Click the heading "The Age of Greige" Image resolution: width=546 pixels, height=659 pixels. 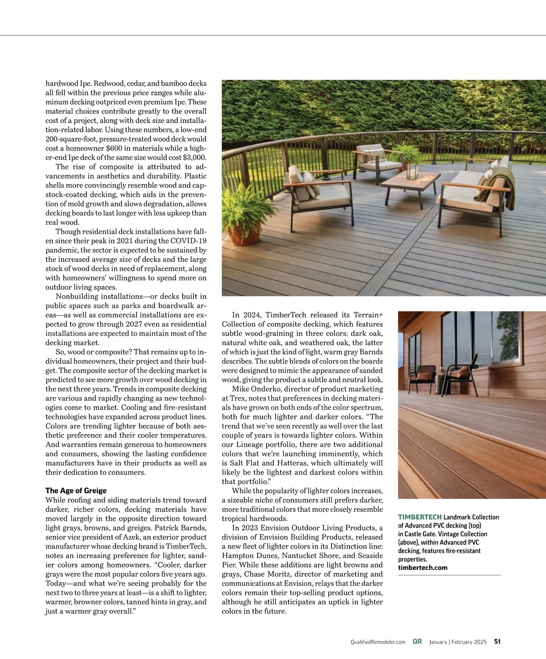click(x=76, y=490)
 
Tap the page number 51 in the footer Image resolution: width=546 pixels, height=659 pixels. click(x=497, y=642)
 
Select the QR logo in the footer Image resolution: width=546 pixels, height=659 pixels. click(x=417, y=642)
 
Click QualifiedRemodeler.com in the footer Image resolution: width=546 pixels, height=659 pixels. click(x=378, y=642)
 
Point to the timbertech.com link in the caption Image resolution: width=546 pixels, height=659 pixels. click(x=423, y=568)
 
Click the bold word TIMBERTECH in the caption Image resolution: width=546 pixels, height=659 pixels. click(x=420, y=517)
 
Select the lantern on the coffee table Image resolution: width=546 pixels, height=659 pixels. click(x=412, y=170)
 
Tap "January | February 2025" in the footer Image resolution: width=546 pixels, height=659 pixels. click(x=458, y=642)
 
